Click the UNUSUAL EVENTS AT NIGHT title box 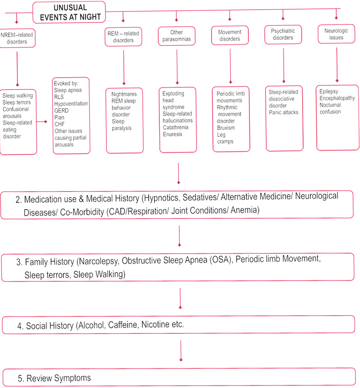pyautogui.click(x=69, y=12)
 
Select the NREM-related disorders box pyautogui.click(x=17, y=38)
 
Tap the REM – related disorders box pyautogui.click(x=123, y=36)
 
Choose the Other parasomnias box pyautogui.click(x=176, y=36)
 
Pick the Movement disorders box pyautogui.click(x=230, y=35)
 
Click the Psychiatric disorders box pyautogui.click(x=283, y=35)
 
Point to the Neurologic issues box pyautogui.click(x=336, y=34)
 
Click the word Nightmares pyautogui.click(x=124, y=94)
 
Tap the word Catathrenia pyautogui.click(x=176, y=127)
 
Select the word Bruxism pyautogui.click(x=226, y=128)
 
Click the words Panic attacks pyautogui.click(x=284, y=112)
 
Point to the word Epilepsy pyautogui.click(x=328, y=92)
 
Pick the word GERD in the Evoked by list pyautogui.click(x=61, y=111)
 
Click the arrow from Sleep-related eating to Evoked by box pyautogui.click(x=42, y=122)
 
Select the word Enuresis pyautogui.click(x=172, y=135)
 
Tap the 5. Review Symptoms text pyautogui.click(x=54, y=378)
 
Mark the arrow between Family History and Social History pyautogui.click(x=180, y=298)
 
